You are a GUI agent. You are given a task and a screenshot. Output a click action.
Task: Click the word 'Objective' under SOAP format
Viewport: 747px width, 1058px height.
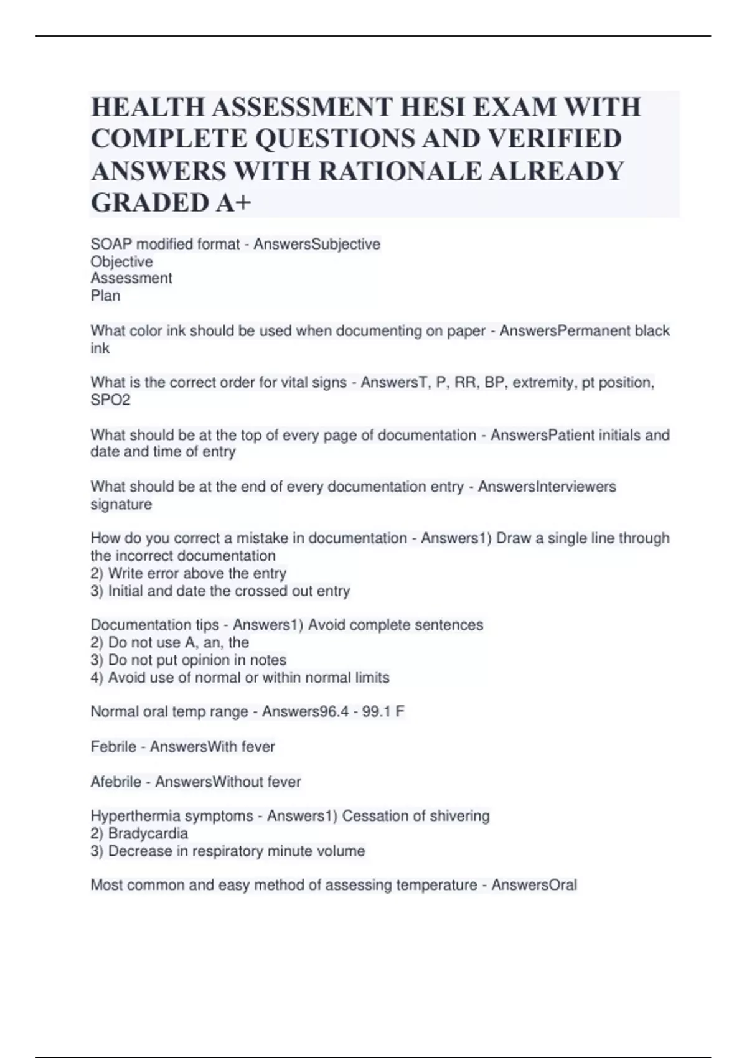coord(121,261)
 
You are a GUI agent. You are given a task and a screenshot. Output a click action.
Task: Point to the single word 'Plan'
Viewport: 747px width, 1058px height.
coord(105,296)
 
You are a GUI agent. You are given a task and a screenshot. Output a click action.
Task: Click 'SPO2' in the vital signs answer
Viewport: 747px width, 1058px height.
coord(110,400)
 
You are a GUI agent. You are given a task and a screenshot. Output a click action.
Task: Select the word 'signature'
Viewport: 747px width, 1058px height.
coord(121,504)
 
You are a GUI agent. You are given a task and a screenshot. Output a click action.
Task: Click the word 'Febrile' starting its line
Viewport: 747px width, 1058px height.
coord(113,746)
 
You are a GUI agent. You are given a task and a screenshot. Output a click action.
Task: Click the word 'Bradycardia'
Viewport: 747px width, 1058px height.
coord(148,833)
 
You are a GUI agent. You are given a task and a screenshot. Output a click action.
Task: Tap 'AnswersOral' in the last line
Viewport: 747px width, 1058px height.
coord(534,885)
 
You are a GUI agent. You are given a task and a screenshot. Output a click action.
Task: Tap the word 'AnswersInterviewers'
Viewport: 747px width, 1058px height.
coord(547,487)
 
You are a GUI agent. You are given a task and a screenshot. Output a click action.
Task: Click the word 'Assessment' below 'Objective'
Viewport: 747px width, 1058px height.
coord(131,278)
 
